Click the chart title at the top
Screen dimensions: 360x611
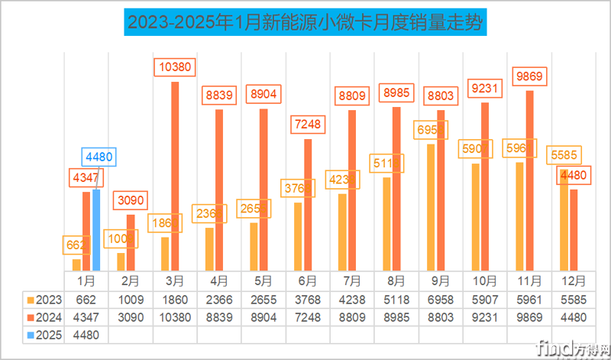(x=305, y=22)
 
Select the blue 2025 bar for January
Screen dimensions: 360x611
(x=96, y=229)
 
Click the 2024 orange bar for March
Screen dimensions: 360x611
(x=175, y=176)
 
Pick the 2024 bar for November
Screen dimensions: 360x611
(x=529, y=180)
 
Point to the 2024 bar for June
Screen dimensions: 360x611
(x=308, y=204)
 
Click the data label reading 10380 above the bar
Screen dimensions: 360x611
(x=175, y=67)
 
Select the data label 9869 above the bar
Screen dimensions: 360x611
(x=529, y=76)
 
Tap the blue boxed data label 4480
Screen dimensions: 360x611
(x=99, y=157)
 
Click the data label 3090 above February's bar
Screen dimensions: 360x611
(x=131, y=200)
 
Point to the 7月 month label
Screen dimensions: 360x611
(x=352, y=281)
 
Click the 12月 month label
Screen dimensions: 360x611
(x=574, y=281)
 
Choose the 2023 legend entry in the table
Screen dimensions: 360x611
(x=44, y=300)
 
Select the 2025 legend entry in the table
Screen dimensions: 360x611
(x=44, y=334)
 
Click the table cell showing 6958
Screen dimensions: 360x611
(x=441, y=300)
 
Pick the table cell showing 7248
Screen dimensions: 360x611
(x=308, y=316)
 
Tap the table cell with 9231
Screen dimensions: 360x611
(x=485, y=316)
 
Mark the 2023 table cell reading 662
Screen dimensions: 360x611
(x=86, y=300)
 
